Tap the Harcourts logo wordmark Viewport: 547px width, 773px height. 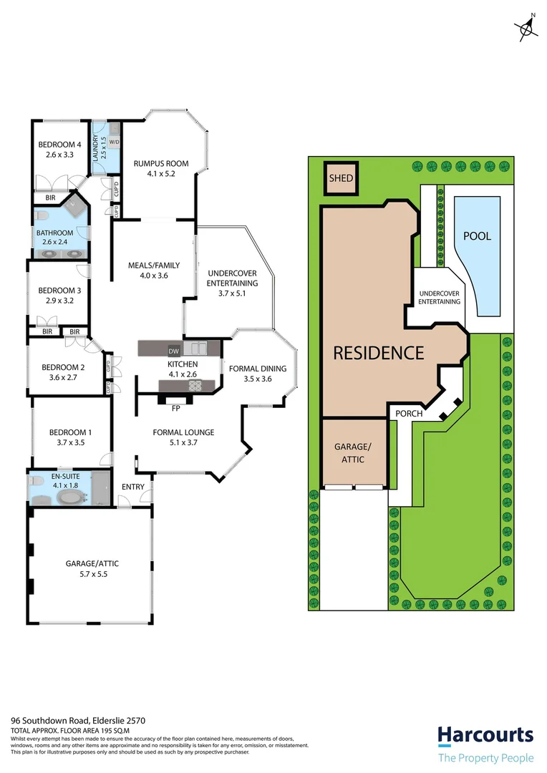coord(485,735)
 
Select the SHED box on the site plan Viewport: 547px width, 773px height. coord(341,178)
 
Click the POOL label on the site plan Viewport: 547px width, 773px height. coord(478,236)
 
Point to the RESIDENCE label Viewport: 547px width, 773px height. coord(378,353)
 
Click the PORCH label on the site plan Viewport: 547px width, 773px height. coord(405,414)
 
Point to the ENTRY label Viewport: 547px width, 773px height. coord(133,487)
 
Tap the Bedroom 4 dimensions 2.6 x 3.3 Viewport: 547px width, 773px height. coord(59,154)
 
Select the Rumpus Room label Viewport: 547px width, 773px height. coord(161,163)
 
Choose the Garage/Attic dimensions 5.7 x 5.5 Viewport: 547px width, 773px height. coord(92,574)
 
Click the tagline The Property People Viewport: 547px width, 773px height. coord(485,758)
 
